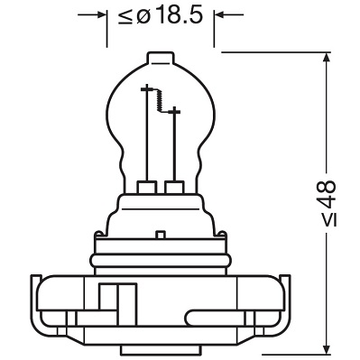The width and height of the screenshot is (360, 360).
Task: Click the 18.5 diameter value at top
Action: point(177,16)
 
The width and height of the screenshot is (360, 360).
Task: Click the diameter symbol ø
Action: point(144,16)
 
